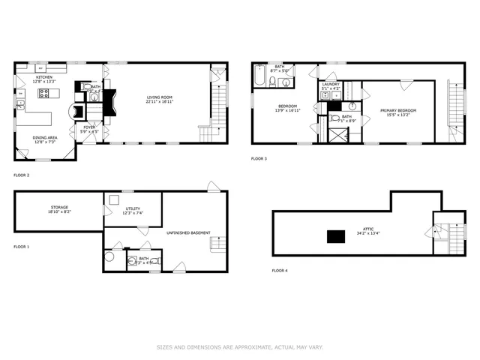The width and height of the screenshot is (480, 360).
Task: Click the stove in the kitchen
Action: point(43,94)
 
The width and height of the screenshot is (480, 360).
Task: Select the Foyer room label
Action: point(89,127)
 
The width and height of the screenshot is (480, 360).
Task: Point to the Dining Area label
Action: point(43,137)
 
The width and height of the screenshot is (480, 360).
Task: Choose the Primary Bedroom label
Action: point(397,111)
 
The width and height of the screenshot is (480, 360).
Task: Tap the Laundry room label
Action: point(331,85)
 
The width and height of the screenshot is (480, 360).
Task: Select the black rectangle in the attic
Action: point(334,236)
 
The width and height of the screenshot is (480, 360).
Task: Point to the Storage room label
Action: point(60,208)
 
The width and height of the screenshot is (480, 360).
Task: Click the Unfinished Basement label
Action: point(189,232)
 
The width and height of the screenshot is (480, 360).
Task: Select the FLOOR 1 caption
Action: point(22,247)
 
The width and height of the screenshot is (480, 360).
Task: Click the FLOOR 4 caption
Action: point(279,270)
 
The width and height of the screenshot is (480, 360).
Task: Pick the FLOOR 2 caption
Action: point(22,175)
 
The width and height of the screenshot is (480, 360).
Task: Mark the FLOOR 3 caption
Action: point(259,158)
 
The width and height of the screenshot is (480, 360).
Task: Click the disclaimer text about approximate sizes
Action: point(239,346)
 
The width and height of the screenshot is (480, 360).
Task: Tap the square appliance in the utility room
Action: point(114,199)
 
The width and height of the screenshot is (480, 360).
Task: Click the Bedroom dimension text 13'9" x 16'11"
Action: point(289,110)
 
